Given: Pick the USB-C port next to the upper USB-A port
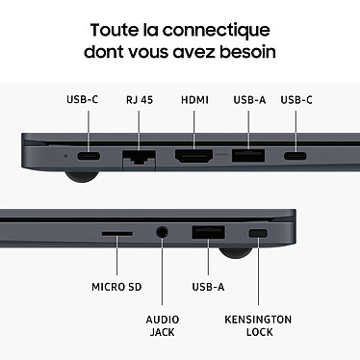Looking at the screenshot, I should (296, 155).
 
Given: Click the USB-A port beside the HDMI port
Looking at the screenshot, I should (247, 155).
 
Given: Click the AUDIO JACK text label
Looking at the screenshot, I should (161, 325).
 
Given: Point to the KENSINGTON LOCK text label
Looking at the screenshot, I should (257, 325).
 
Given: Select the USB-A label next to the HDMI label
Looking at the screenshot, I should (247, 99).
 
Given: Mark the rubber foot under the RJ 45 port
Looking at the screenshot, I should (79, 177).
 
